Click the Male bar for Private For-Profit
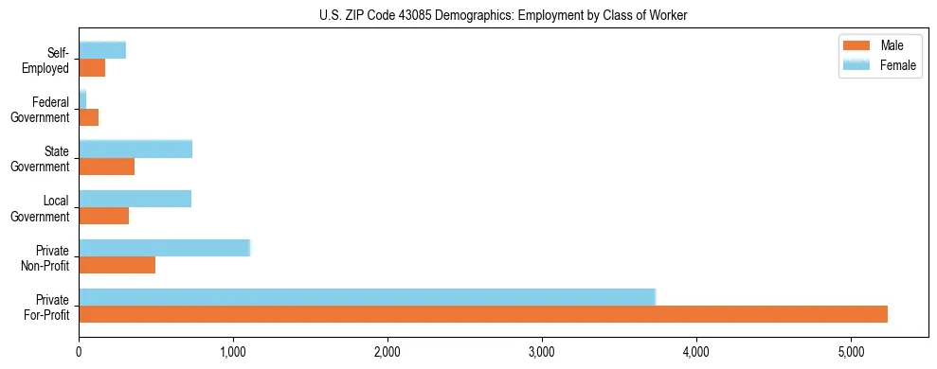pos(483,314)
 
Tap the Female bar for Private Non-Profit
pos(164,248)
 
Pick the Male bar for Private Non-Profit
pos(117,265)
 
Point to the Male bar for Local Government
pos(103,216)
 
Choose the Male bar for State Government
pos(106,167)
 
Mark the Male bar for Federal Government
pos(88,117)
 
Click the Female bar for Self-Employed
pos(102,50)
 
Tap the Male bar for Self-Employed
pos(92,68)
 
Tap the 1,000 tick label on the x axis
pos(233,351)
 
